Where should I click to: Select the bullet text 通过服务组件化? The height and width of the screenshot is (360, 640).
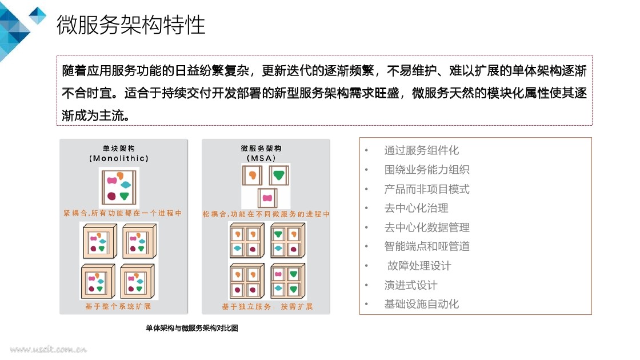coord(421,150)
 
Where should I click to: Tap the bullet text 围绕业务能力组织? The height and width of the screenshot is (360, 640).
coord(427,170)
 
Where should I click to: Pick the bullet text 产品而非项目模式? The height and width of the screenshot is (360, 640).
coord(427,189)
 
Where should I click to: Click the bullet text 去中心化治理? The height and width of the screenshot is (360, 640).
coord(416,208)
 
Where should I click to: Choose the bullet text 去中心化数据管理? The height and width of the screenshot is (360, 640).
coord(427,227)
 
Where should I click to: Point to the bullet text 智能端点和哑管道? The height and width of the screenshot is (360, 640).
coord(427,246)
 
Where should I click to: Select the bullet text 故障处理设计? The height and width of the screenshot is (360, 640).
coord(419,266)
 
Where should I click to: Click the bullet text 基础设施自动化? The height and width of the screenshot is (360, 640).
coord(421,304)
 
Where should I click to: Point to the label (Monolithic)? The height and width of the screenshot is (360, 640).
coord(123,158)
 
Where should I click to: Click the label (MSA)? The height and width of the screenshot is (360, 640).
coord(265,158)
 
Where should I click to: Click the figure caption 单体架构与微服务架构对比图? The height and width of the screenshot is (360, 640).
coord(191,329)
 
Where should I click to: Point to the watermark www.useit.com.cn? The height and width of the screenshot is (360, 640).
coord(48,349)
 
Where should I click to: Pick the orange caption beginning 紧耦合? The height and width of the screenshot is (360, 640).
coord(123,213)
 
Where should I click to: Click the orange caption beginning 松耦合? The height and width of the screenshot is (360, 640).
coord(266,214)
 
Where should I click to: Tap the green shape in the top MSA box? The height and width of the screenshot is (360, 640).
coord(279,174)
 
